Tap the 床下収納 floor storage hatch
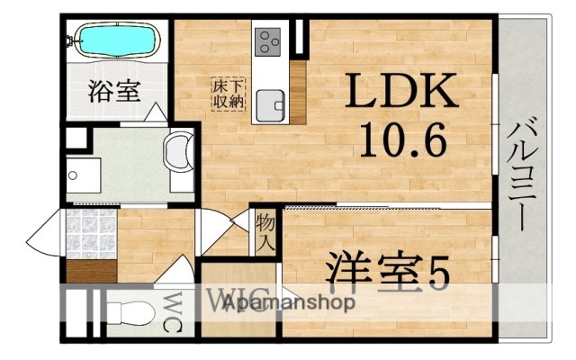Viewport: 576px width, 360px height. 227,94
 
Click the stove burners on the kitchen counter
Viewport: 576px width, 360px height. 269,40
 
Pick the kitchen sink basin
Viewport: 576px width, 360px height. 269,104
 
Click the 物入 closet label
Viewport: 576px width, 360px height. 264,231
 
